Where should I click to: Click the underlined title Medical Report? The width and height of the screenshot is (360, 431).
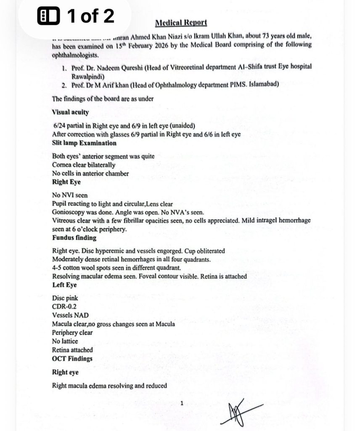[x=181, y=22]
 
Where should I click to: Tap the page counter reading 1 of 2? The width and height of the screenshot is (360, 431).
[x=76, y=16]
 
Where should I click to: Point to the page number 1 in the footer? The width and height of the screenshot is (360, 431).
[x=181, y=403]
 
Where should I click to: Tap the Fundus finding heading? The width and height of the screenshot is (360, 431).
[x=74, y=238]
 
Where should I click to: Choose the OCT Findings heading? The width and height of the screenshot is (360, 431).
[x=72, y=359]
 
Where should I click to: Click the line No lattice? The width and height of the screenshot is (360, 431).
[x=65, y=341]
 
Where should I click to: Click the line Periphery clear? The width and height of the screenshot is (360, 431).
[x=73, y=333]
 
